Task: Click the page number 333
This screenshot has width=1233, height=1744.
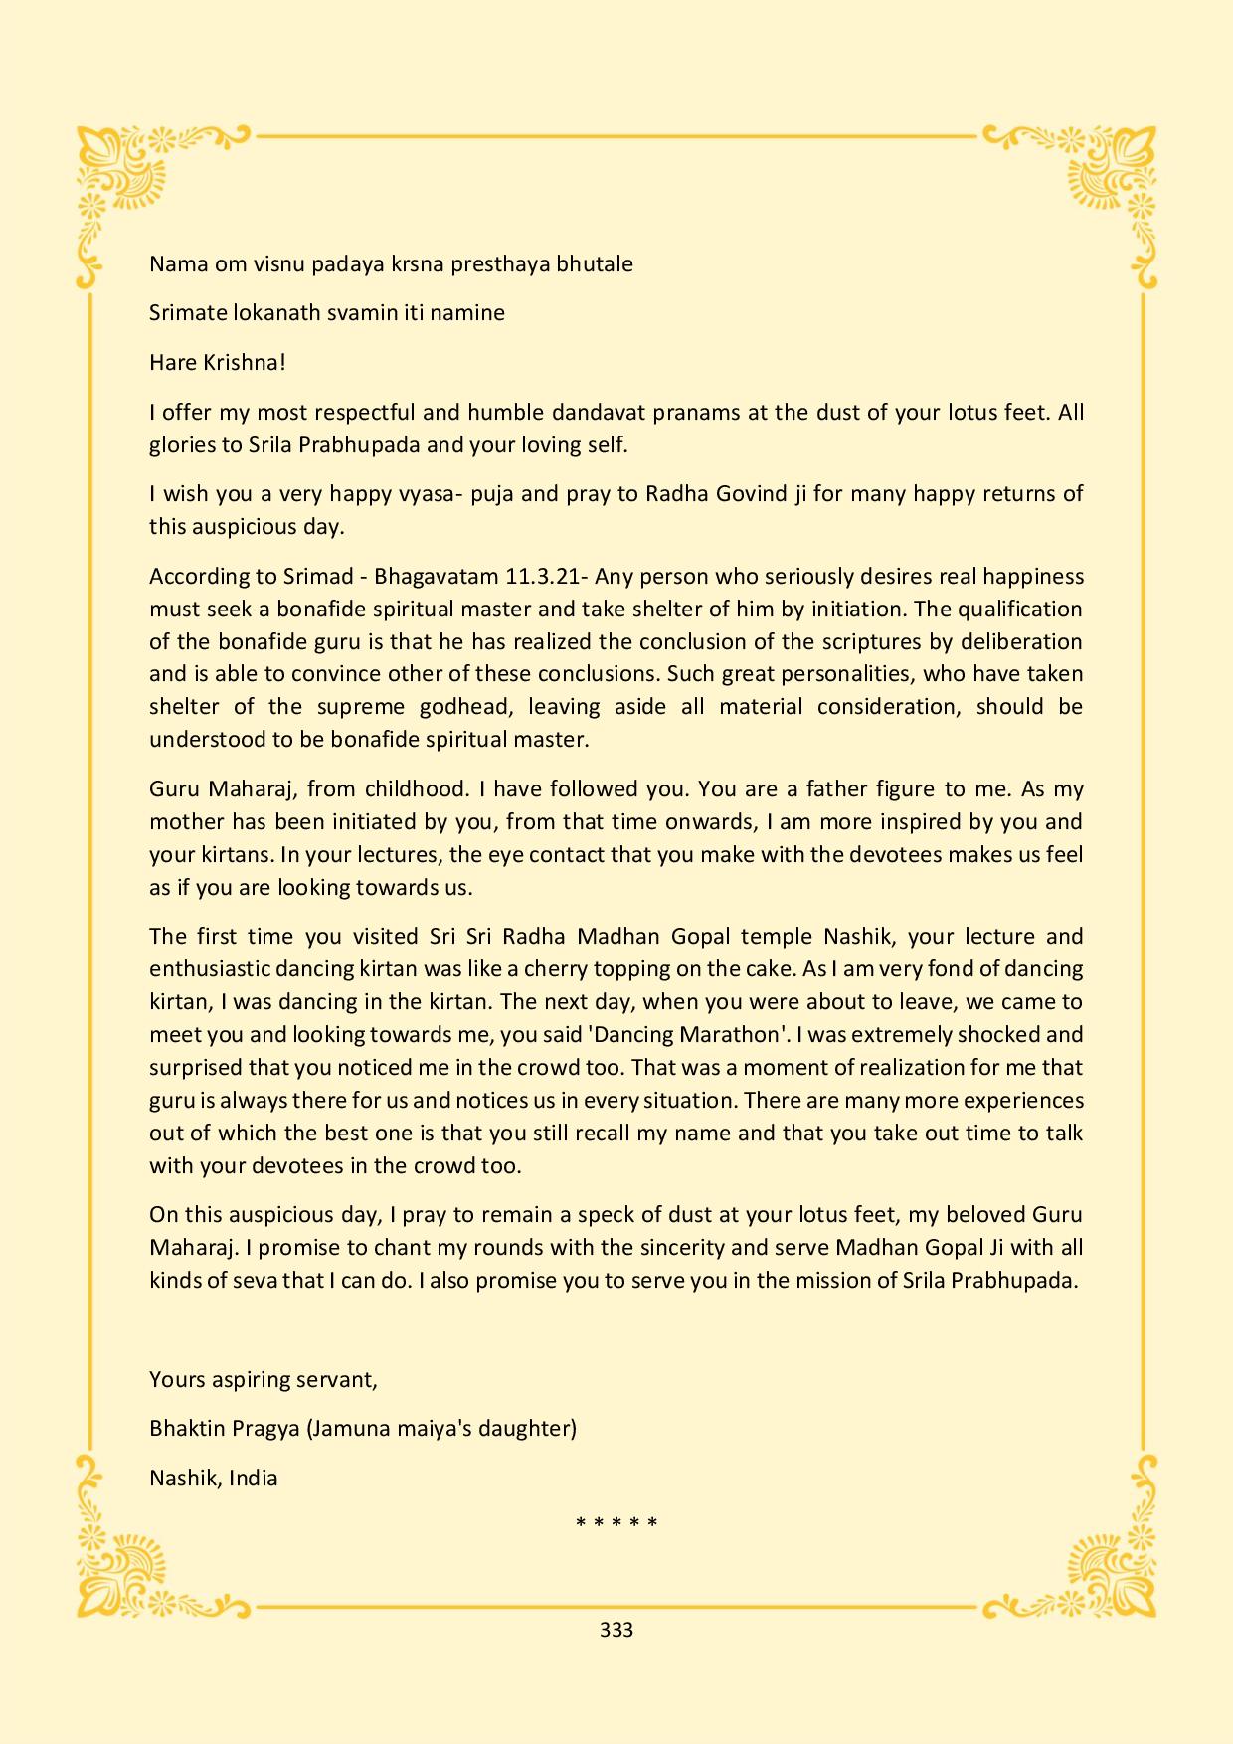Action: (616, 1630)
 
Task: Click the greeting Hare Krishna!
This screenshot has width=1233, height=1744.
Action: (218, 362)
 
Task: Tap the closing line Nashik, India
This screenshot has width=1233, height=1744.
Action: (214, 1478)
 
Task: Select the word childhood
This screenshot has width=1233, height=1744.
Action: (416, 788)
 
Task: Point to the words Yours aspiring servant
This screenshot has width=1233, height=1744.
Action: (264, 1379)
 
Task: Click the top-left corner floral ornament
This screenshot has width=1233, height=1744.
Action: (124, 174)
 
